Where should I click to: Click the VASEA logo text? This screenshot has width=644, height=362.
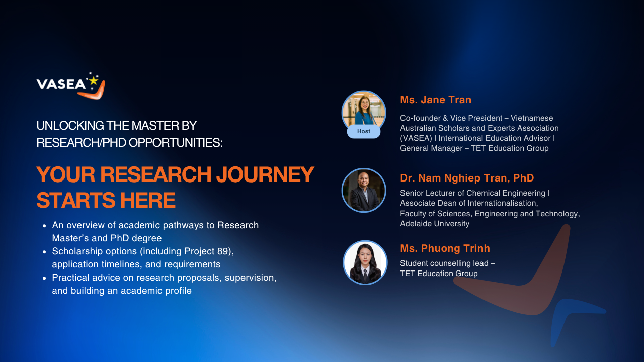61,84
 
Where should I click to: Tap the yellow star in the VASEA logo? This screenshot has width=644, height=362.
94,81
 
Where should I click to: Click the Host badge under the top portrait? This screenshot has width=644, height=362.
364,131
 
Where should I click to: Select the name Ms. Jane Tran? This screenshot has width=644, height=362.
436,100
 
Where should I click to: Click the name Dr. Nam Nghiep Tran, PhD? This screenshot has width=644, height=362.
467,178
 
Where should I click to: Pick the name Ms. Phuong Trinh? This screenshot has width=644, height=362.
445,248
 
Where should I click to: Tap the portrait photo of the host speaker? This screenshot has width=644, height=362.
364,111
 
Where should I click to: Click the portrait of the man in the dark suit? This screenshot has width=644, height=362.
364,190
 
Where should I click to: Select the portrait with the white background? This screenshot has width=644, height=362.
365,262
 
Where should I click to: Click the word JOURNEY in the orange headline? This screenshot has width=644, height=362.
265,174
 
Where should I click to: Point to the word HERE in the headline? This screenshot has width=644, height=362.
147,200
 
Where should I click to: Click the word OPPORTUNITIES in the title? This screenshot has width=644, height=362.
176,143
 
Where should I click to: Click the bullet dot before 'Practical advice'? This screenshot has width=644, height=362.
44,278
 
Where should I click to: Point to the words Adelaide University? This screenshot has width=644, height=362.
435,224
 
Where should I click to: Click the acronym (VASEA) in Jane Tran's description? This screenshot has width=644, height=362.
416,138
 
